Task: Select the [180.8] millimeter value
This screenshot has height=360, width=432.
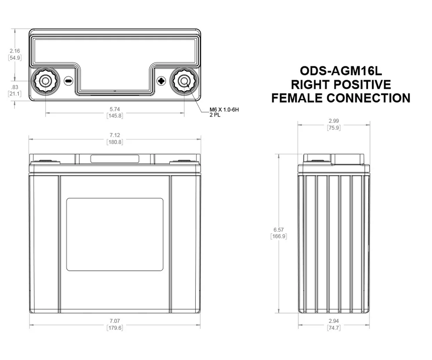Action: tap(114, 142)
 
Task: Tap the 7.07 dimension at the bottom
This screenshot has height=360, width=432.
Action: tap(114, 321)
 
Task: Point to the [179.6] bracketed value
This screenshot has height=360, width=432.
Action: tap(114, 328)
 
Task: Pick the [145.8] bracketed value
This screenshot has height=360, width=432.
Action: tap(114, 116)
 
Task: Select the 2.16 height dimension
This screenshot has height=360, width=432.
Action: tap(15, 52)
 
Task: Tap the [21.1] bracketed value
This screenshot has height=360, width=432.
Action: tap(15, 94)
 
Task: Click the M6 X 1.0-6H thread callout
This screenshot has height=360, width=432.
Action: tap(224, 110)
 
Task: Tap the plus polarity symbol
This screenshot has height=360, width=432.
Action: tap(161, 81)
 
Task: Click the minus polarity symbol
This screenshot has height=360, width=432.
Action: tap(68, 81)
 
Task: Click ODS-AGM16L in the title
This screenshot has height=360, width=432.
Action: tap(341, 71)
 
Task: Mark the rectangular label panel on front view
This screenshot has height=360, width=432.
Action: tap(114, 234)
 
